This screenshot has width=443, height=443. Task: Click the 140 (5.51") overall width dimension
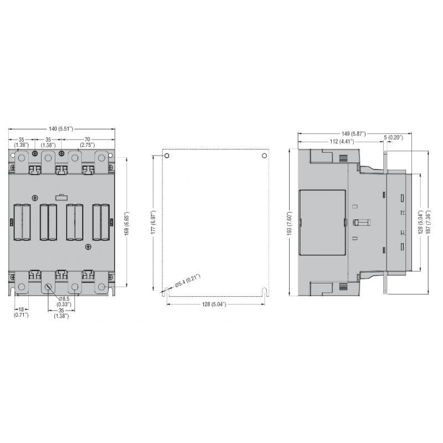click(61, 129)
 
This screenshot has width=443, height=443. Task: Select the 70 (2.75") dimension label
click(87, 142)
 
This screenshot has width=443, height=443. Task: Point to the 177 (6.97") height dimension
click(153, 222)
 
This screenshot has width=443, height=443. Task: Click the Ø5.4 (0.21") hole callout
click(188, 281)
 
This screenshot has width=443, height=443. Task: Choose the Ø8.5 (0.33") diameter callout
click(64, 301)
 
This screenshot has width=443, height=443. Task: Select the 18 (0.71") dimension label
click(21, 312)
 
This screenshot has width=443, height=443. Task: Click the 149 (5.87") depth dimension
click(354, 133)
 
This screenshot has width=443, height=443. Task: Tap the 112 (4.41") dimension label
click(342, 141)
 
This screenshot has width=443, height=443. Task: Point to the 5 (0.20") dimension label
click(394, 137)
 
